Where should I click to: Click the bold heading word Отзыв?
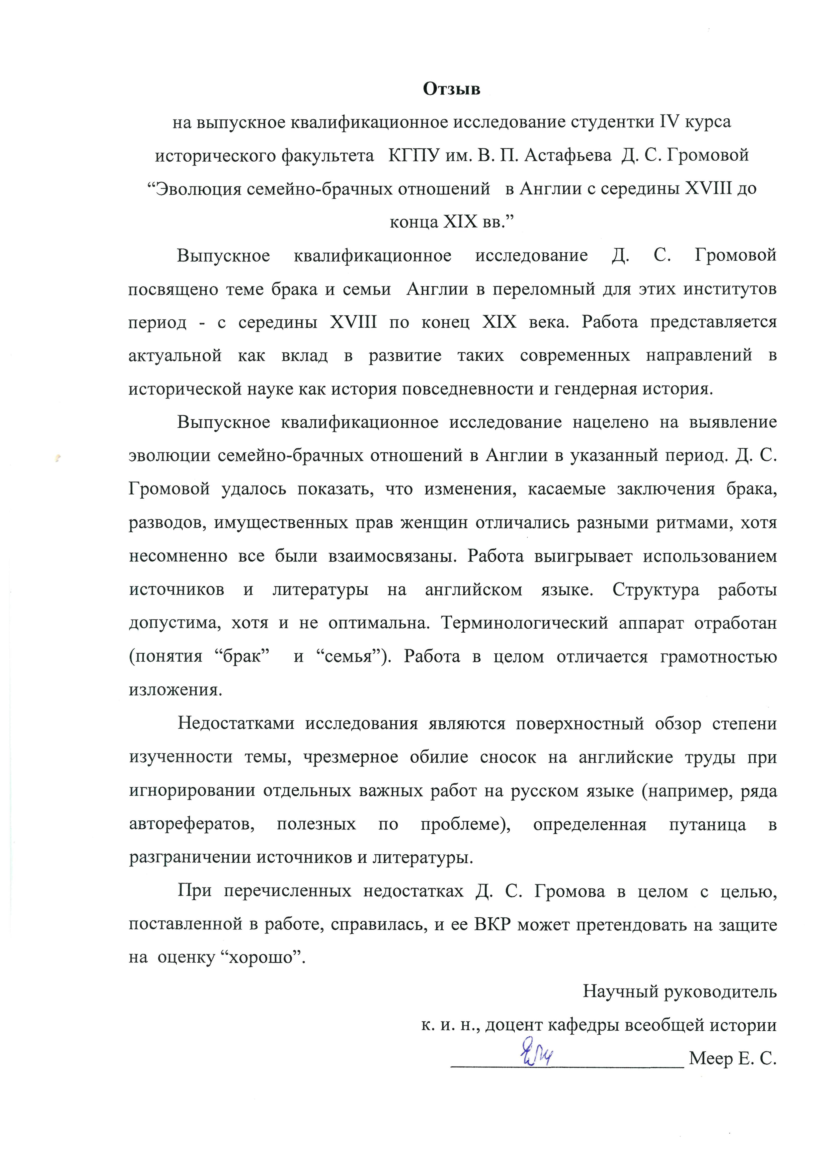point(451,89)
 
